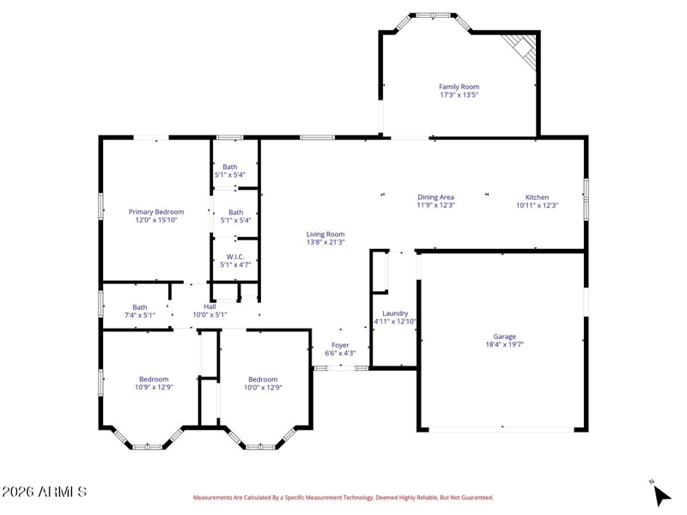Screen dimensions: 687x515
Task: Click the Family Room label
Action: pyautogui.click(x=459, y=87)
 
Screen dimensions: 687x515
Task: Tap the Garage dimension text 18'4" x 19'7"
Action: pyautogui.click(x=504, y=344)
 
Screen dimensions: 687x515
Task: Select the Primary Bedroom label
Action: pyautogui.click(x=156, y=212)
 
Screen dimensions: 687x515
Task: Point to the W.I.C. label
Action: pyautogui.click(x=235, y=257)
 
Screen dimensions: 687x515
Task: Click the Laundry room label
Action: pyautogui.click(x=395, y=313)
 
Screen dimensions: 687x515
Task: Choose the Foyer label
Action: pyautogui.click(x=340, y=345)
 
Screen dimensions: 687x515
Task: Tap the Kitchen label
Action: pyautogui.click(x=537, y=197)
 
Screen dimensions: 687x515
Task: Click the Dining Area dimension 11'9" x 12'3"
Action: pyautogui.click(x=435, y=205)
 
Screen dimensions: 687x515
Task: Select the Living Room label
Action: pyautogui.click(x=325, y=234)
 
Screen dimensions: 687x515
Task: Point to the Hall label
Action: pyautogui.click(x=210, y=306)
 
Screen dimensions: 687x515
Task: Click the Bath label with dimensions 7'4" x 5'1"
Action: pyautogui.click(x=140, y=307)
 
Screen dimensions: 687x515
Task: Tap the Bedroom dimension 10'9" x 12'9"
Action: pyautogui.click(x=154, y=387)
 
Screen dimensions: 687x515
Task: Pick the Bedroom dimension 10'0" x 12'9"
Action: pyautogui.click(x=263, y=387)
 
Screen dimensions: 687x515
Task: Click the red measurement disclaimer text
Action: pyautogui.click(x=343, y=498)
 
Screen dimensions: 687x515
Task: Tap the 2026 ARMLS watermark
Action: pyautogui.click(x=44, y=492)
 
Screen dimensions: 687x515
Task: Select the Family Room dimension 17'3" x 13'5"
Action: pyautogui.click(x=459, y=94)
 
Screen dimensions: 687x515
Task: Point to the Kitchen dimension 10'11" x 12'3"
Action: pyautogui.click(x=537, y=205)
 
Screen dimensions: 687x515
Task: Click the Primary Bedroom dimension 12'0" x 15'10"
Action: pyautogui.click(x=156, y=220)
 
